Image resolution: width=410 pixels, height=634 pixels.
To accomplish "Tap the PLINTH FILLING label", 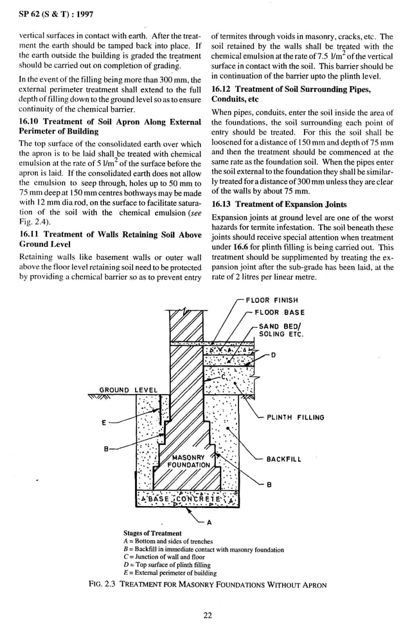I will click(296, 417).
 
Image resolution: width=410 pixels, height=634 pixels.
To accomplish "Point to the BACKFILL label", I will click(283, 460).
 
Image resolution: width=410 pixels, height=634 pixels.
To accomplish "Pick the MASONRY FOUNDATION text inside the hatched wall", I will click(188, 461).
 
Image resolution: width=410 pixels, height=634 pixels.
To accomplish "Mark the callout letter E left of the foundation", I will click(103, 422).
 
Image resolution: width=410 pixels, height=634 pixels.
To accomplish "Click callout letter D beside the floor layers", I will click(274, 356).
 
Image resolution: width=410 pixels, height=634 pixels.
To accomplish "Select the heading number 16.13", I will click(223, 204).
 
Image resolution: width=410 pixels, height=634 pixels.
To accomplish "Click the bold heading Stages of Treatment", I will click(152, 533).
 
